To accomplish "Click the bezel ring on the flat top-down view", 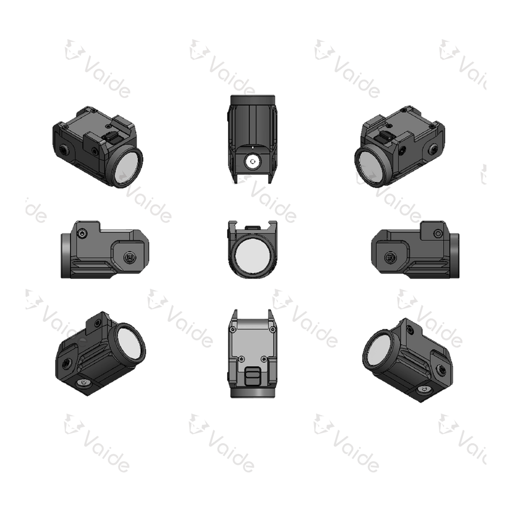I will pyautogui.click(x=252, y=393).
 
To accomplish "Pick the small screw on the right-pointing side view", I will pyautogui.click(x=438, y=232).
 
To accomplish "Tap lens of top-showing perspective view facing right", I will pyautogui.click(x=125, y=167).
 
